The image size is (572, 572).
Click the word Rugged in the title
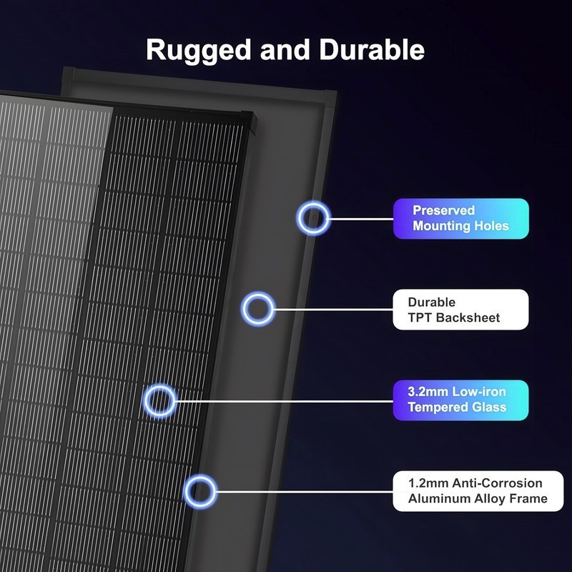pos(199,51)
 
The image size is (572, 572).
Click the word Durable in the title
pos(372,49)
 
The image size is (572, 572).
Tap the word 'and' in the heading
pos(285,49)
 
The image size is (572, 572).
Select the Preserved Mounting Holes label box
pos(460,219)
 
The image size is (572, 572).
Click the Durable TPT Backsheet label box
pos(460,310)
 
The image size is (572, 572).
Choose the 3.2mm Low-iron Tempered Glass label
pos(460,400)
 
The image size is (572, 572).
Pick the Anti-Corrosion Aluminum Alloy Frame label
pos(478,490)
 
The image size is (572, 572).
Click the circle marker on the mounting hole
pos(313,202)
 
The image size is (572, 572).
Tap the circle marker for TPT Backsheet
pos(258,293)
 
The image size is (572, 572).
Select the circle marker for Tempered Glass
pos(159,385)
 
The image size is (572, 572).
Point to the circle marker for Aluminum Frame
pos(200,475)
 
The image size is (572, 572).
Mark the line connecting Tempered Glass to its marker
pos(285,401)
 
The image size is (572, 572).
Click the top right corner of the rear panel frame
pos(336,92)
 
